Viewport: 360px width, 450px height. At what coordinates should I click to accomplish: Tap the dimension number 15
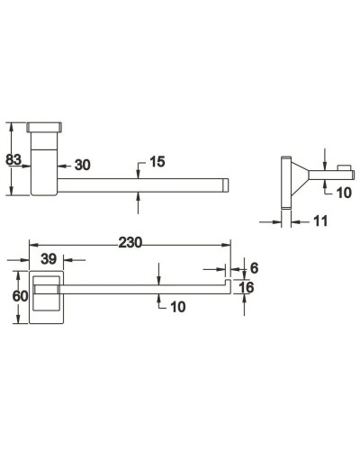click(157, 163)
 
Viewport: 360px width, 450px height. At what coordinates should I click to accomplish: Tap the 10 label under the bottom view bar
click(176, 308)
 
